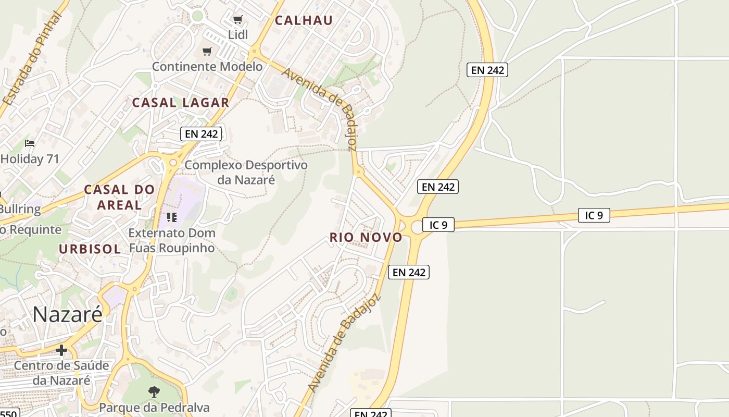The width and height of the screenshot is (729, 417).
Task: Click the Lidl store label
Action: (x=238, y=35)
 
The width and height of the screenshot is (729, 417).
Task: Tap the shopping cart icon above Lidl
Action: (x=238, y=20)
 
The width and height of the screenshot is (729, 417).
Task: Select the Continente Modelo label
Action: (x=207, y=67)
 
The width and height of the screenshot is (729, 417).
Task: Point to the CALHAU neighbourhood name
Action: (x=304, y=20)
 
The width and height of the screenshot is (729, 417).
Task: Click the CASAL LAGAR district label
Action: (x=181, y=103)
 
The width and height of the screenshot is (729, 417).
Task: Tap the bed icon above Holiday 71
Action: (x=30, y=143)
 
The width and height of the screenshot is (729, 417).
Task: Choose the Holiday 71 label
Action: (x=30, y=159)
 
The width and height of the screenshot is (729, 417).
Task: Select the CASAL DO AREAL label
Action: (x=119, y=197)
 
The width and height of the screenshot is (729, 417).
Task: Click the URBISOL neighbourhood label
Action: (x=90, y=249)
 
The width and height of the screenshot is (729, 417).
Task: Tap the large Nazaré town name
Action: (x=68, y=314)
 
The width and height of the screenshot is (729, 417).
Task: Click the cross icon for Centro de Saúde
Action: (x=61, y=350)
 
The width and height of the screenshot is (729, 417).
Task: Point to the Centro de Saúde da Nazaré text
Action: (x=61, y=373)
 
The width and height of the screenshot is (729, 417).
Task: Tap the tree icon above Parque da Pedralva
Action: (x=154, y=391)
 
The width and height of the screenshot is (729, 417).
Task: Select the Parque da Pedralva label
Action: (x=154, y=408)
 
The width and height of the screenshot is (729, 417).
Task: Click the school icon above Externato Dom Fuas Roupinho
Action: (x=171, y=217)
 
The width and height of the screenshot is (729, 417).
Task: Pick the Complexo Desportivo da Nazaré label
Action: (x=246, y=173)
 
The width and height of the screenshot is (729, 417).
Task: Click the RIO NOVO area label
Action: (x=366, y=238)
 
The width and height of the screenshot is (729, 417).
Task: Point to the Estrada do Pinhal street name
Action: (x=32, y=58)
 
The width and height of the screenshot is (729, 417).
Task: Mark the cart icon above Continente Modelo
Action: (x=207, y=51)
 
